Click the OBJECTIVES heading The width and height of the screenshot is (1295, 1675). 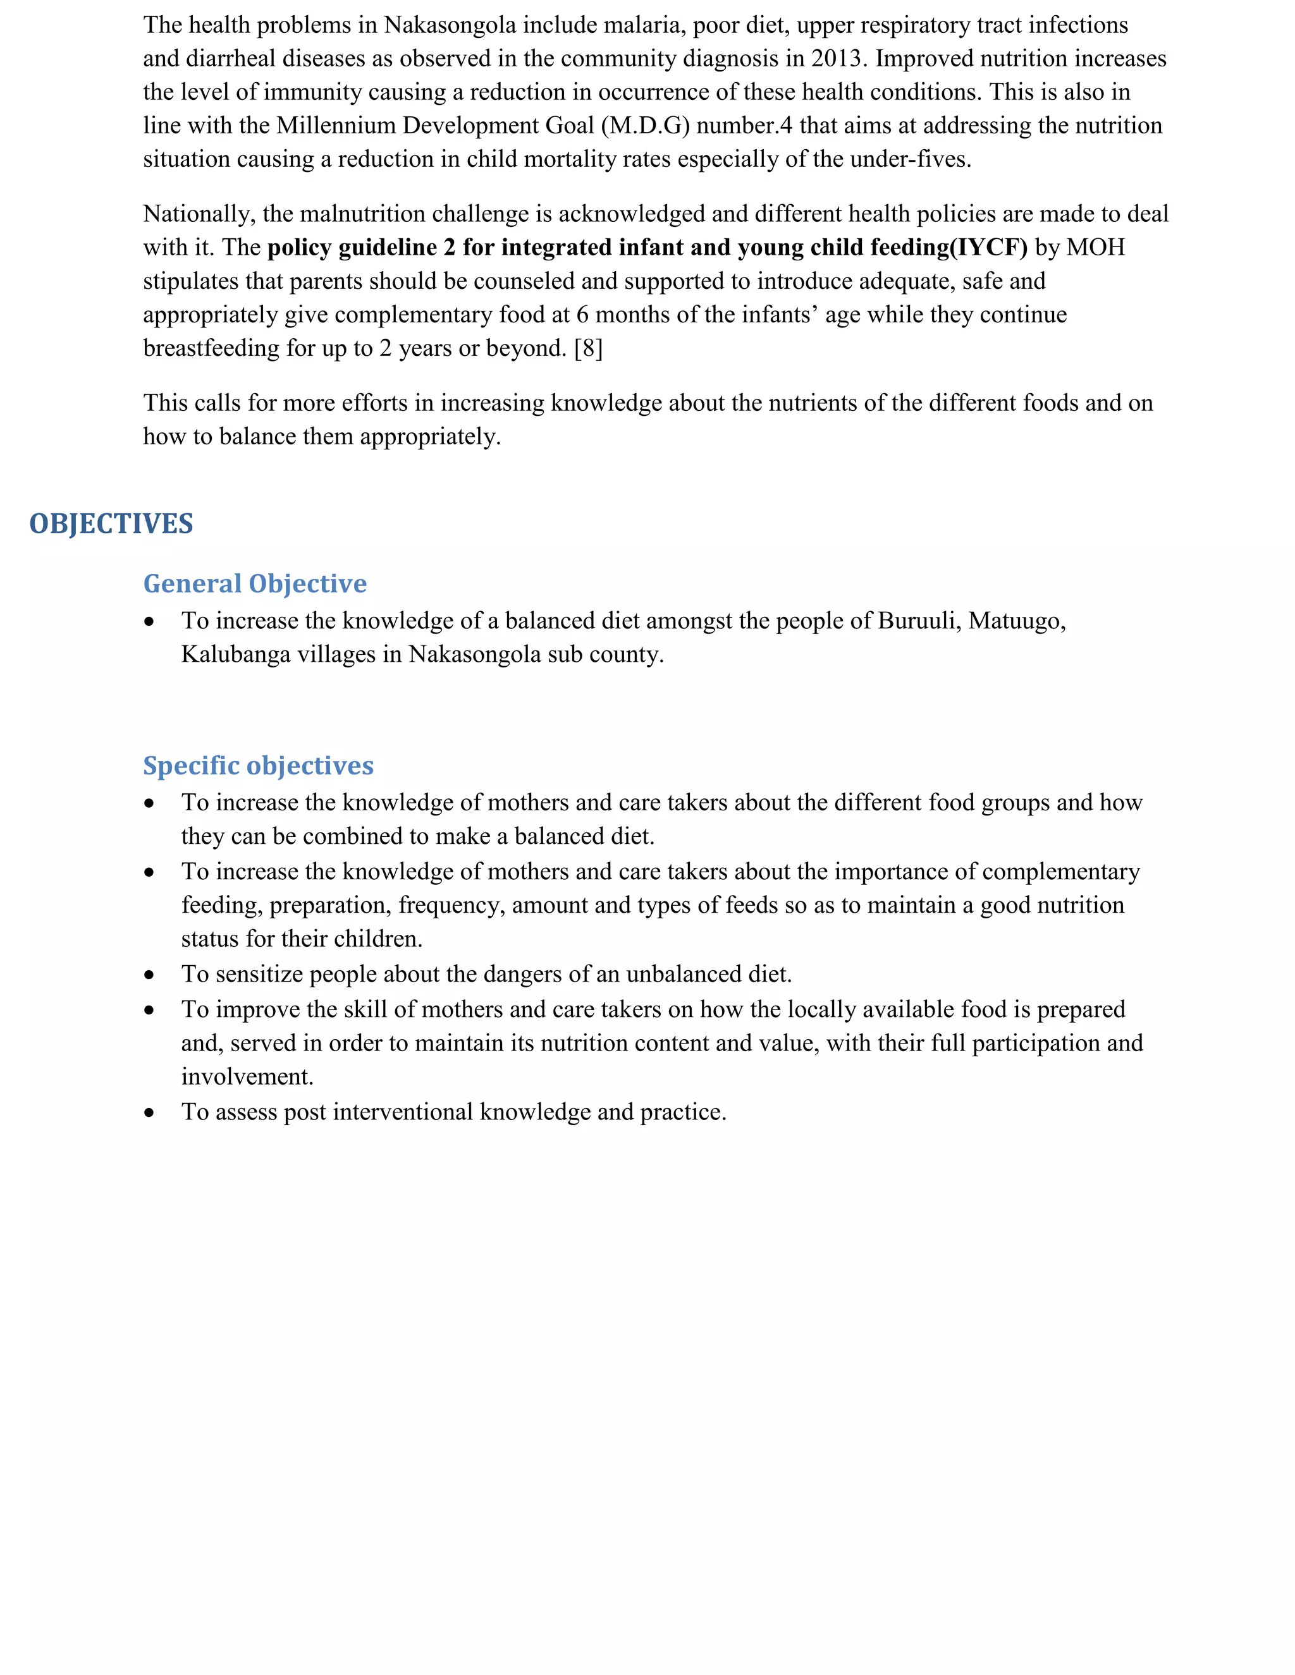point(111,524)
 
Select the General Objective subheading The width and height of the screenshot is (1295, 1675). point(255,583)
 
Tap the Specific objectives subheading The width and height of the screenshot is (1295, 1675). point(258,765)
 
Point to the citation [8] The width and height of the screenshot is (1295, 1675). point(589,348)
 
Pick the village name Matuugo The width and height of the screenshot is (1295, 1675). point(1016,621)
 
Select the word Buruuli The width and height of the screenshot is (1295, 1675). point(919,621)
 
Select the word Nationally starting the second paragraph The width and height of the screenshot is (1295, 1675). point(199,214)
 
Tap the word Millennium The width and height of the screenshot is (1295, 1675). point(336,126)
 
